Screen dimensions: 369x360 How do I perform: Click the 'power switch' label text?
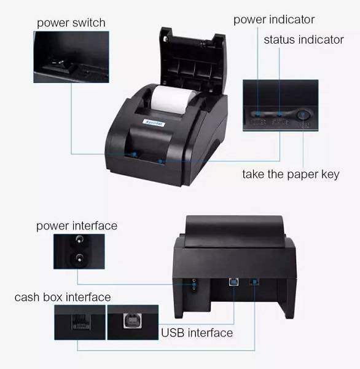[x=71, y=23]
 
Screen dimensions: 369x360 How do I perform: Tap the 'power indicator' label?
[x=273, y=20]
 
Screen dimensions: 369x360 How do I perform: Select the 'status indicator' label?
[x=303, y=40]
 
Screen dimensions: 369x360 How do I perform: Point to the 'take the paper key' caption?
[x=291, y=175]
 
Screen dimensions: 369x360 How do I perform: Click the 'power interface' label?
[x=76, y=226]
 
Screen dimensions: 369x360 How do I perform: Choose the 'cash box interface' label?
[x=63, y=298]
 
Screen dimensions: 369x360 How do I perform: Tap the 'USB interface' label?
[x=197, y=333]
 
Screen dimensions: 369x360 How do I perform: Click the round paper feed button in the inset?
[x=302, y=114]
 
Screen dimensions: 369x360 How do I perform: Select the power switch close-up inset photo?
[x=71, y=58]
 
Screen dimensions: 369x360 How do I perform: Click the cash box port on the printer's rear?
[x=255, y=282]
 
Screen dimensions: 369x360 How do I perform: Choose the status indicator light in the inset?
[x=279, y=114]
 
